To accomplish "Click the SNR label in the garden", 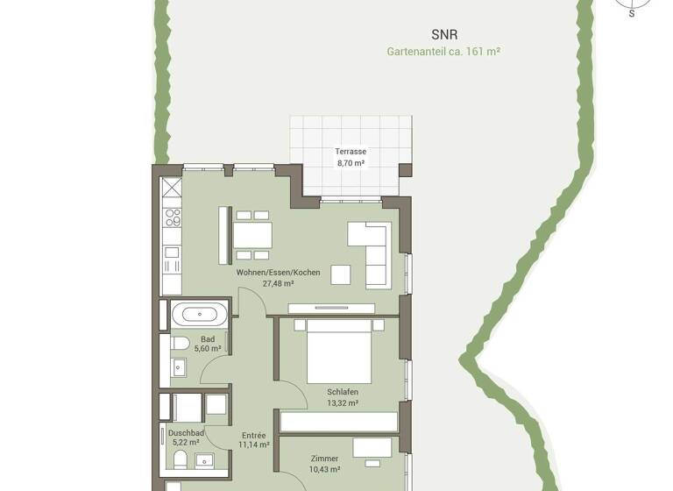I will tap(444, 35).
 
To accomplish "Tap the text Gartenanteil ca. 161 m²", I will tap(443, 52).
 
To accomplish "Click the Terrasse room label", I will tap(351, 152).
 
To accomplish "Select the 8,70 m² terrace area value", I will tap(351, 163).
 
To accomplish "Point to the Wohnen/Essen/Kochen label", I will tap(278, 273).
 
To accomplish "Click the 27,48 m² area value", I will tap(278, 284).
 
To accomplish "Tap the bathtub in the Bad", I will tap(199, 313).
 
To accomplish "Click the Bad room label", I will tap(208, 339).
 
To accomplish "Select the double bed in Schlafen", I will tap(338, 350).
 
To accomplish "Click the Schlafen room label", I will tap(343, 392).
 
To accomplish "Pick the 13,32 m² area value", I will tap(343, 403).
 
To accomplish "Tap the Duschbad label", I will tap(186, 433).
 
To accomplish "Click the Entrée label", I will tap(253, 435).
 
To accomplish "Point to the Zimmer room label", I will tap(324, 459).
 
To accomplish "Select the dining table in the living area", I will tap(252, 235).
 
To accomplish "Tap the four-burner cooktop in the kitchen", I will tap(173, 217).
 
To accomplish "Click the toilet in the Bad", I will tap(181, 343).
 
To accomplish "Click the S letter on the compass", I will tap(631, 14).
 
